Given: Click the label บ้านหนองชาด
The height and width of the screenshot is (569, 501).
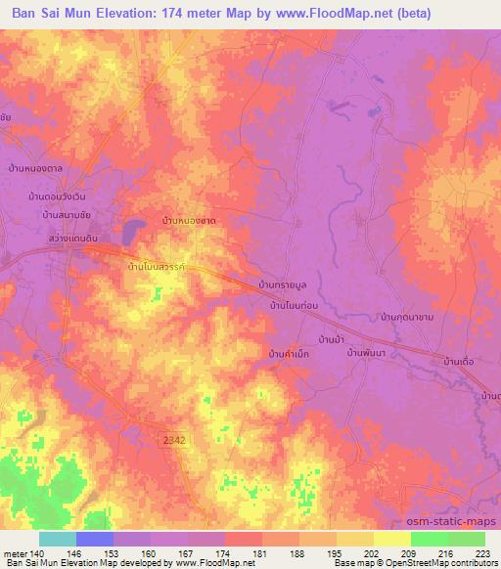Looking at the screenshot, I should click(189, 222).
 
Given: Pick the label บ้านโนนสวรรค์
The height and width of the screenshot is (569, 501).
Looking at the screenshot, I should click(161, 266).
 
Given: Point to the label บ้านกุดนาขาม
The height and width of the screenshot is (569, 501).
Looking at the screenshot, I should click(409, 318).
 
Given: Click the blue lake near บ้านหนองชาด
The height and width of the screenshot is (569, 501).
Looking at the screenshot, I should click(131, 231).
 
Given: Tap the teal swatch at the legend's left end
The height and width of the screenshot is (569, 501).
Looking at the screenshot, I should click(58, 539).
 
